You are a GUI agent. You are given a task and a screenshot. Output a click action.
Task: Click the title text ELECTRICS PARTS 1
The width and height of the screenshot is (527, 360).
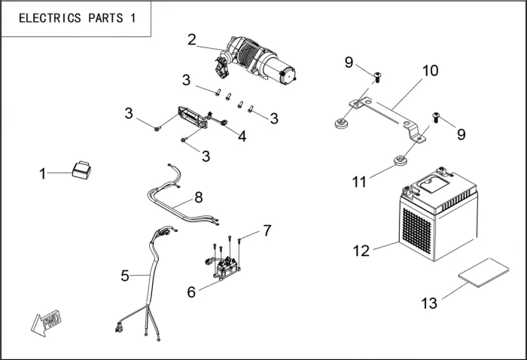tap(77, 19)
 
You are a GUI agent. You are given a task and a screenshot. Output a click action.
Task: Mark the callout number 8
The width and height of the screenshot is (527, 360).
tap(198, 198)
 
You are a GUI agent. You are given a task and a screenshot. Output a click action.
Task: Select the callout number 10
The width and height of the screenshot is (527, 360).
tap(430, 72)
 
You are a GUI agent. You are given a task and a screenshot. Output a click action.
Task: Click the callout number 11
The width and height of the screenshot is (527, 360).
tap(359, 182)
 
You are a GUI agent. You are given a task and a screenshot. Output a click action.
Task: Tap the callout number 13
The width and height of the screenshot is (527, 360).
tap(428, 304)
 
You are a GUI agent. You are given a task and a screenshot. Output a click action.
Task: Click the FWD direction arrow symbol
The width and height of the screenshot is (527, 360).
tap(47, 322)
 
